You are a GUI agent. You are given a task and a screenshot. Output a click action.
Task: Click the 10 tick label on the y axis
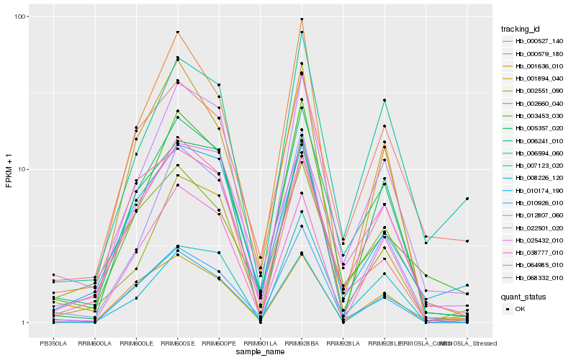click(23, 169)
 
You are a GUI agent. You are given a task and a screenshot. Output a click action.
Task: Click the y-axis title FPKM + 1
click(9, 169)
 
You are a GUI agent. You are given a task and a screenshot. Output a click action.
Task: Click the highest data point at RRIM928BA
click(302, 19)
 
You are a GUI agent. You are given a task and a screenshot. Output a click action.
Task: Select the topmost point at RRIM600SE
click(177, 32)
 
